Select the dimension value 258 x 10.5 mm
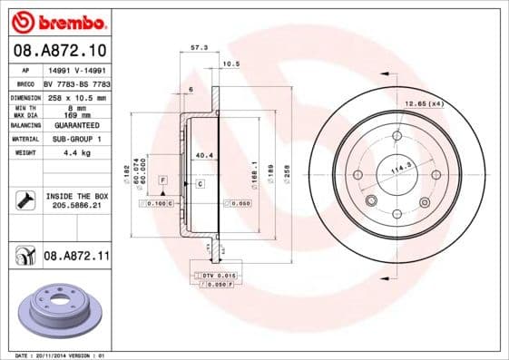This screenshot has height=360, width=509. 75,97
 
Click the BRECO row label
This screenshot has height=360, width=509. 24,83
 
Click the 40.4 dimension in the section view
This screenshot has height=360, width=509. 204,155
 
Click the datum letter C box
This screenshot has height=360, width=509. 200,184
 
